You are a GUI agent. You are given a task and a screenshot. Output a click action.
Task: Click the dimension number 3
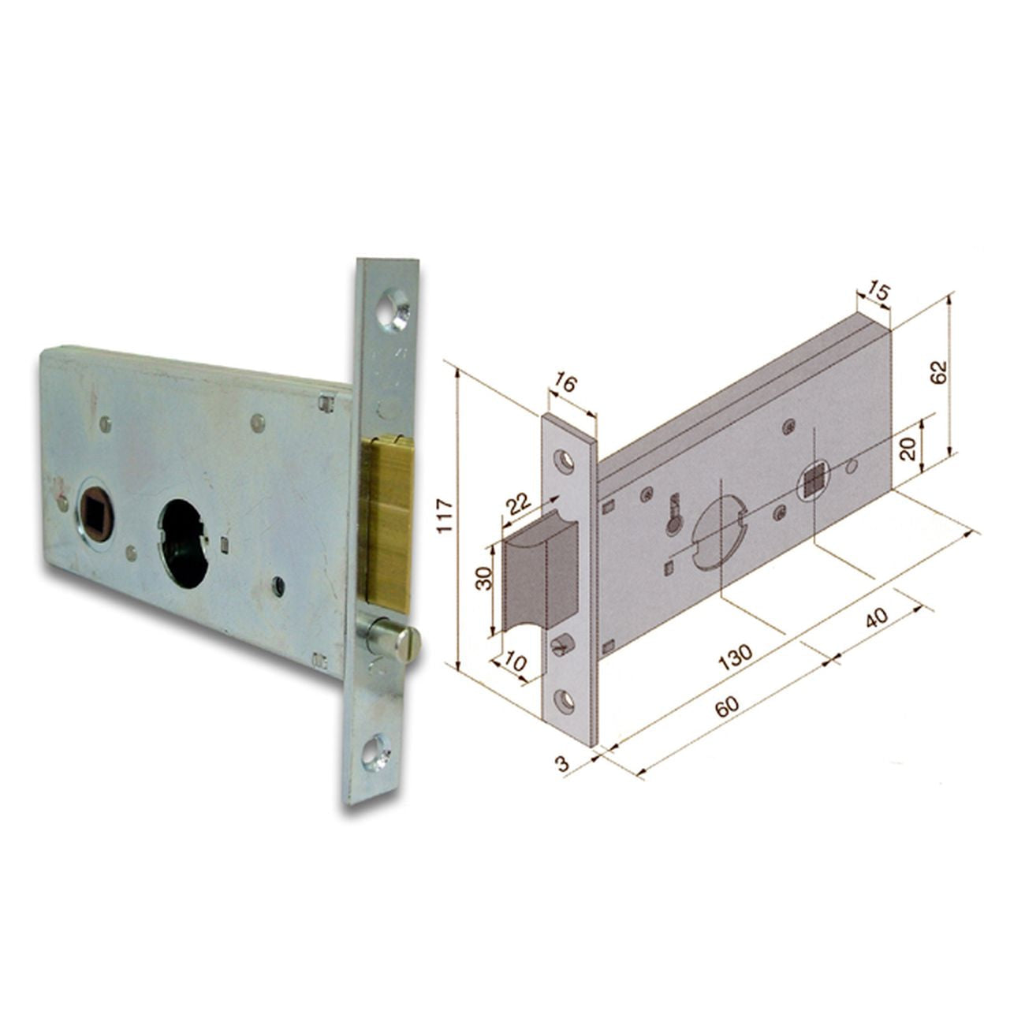pyautogui.click(x=561, y=763)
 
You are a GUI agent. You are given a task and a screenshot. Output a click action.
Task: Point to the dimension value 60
pyautogui.click(x=727, y=707)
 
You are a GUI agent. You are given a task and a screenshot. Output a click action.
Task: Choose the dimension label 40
pyautogui.click(x=876, y=621)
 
